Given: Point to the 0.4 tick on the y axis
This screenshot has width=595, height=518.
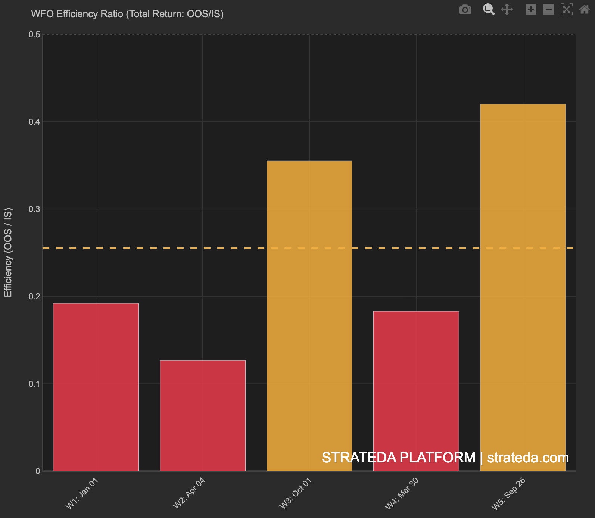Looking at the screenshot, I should coord(34,122).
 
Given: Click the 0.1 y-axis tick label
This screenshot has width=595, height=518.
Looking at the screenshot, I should coord(34,384).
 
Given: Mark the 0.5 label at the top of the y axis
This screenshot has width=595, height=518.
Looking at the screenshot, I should coord(34,35).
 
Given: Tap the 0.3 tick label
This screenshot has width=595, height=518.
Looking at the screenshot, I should coord(34,209).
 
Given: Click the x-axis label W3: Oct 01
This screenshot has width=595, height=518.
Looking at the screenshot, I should coord(296,493).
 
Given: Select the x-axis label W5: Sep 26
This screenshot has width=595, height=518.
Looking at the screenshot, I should coord(508,493).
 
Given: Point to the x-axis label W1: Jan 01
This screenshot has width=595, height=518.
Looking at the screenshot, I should coord(82,493).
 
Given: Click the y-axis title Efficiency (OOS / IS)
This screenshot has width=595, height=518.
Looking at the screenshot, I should coord(8,253).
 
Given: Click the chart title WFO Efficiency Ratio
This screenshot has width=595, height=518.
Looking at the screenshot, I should coord(127,14).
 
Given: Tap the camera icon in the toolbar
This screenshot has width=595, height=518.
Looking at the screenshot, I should coord(465,9).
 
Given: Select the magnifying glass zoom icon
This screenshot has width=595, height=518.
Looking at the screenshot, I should coord(489,9).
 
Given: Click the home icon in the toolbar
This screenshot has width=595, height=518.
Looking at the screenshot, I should coord(585,9).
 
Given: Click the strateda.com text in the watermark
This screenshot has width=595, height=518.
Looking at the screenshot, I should coord(528,458).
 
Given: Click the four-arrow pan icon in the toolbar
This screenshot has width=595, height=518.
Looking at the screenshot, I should coord(507,9).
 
